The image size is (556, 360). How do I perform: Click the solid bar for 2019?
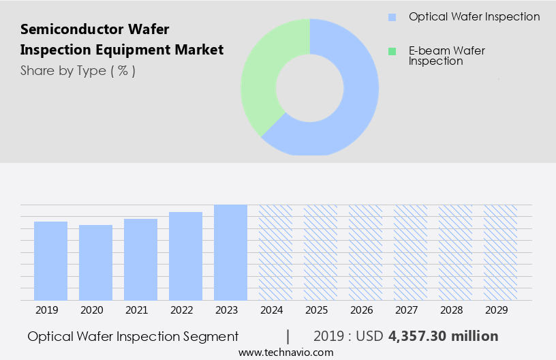(x=50, y=260)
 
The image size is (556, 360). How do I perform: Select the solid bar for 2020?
(x=95, y=262)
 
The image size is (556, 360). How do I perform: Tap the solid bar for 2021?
(x=140, y=259)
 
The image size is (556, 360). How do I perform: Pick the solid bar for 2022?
(x=185, y=256)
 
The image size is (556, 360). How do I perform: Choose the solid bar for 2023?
(x=230, y=252)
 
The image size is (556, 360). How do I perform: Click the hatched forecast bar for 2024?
(x=275, y=252)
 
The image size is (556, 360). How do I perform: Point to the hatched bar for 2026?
(x=365, y=252)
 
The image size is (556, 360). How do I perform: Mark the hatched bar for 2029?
(x=500, y=252)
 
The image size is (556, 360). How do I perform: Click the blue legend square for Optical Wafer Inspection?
(x=392, y=17)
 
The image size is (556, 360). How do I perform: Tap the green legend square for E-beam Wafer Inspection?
(x=392, y=51)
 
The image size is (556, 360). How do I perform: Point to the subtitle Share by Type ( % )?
(x=78, y=71)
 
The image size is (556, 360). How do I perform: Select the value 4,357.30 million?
(x=443, y=336)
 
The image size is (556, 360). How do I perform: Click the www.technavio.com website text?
(x=285, y=352)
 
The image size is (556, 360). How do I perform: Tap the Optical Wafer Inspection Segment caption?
(x=133, y=336)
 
